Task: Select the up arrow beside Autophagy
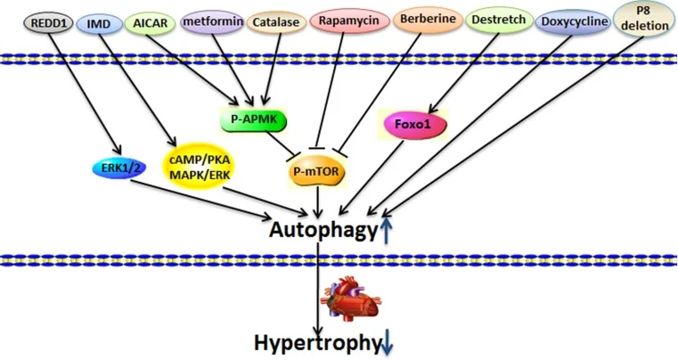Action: [385, 231]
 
